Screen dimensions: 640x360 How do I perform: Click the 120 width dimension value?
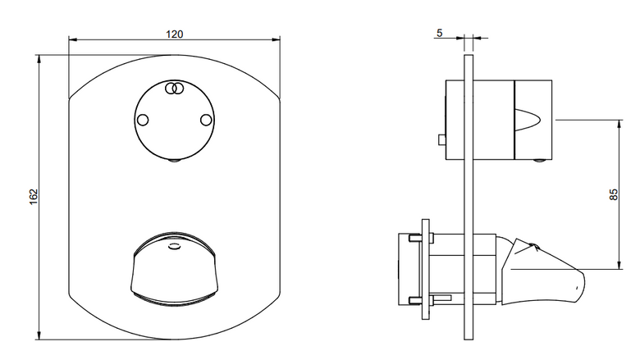pyautogui.click(x=174, y=34)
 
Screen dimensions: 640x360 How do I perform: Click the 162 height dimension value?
pyautogui.click(x=34, y=197)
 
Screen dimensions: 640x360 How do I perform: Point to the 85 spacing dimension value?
pyautogui.click(x=614, y=194)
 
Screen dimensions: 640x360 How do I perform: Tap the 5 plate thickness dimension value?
pyautogui.click(x=439, y=33)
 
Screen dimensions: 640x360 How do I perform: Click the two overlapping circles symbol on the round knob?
pyautogui.click(x=174, y=89)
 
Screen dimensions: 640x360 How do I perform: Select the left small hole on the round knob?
pyautogui.click(x=143, y=120)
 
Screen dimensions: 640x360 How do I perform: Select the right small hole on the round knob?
pyautogui.click(x=206, y=120)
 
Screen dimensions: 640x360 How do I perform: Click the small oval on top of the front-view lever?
pyautogui.click(x=174, y=246)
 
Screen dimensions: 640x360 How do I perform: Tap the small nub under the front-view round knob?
pyautogui.click(x=174, y=160)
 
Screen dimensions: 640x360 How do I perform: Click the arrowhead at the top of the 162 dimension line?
pyautogui.click(x=39, y=59)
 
